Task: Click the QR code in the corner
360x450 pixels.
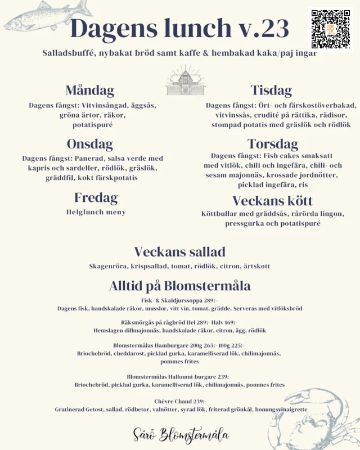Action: click(331, 29)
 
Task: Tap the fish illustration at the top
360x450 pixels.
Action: click(48, 15)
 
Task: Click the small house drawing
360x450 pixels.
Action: click(185, 80)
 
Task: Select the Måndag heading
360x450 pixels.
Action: click(90, 90)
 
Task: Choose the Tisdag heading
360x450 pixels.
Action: click(271, 90)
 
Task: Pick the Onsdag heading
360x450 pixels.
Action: click(90, 143)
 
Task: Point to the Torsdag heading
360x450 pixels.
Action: click(273, 143)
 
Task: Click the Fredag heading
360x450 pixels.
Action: click(96, 197)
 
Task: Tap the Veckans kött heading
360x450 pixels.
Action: click(273, 201)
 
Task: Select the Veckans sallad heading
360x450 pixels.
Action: click(179, 251)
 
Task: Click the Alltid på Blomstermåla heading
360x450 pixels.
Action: click(179, 286)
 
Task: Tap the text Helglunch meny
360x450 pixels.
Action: click(96, 212)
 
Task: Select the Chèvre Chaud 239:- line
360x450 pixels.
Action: click(180, 402)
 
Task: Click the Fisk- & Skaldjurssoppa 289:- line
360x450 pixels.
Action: click(179, 300)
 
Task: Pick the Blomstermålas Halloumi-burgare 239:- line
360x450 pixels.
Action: click(179, 376)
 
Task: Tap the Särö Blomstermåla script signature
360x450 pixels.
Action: click(181, 435)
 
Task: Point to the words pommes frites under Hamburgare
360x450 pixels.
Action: click(179, 362)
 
